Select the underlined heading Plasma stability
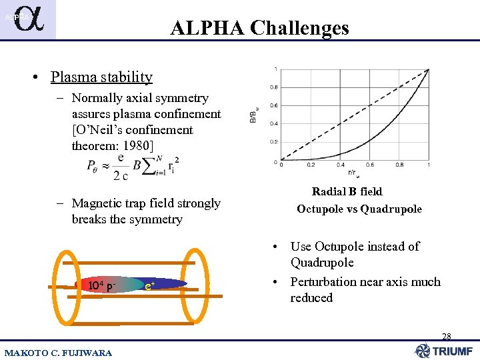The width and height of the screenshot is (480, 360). point(101,77)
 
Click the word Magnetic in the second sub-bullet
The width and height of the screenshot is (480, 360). point(97,203)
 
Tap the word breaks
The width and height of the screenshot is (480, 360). point(90,219)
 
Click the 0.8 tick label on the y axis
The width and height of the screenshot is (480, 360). point(273,87)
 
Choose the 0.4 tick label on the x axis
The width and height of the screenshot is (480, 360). point(340,165)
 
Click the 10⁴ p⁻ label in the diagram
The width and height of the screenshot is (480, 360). point(102,286)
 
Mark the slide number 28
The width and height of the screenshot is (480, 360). point(445,337)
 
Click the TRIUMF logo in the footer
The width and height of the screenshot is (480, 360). point(443,351)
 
